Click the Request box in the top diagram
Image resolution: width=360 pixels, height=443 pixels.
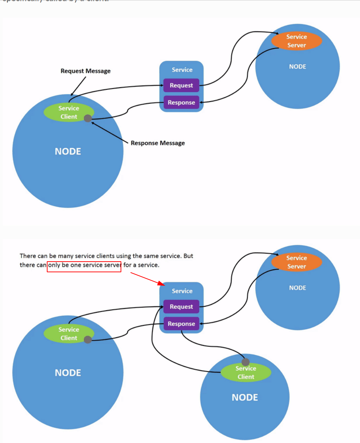(181, 86)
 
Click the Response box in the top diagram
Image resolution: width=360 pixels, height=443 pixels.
(181, 103)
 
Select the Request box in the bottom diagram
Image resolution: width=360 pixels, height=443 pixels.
(181, 307)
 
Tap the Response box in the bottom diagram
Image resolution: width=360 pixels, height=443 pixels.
(181, 324)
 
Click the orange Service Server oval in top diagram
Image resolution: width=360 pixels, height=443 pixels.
(297, 41)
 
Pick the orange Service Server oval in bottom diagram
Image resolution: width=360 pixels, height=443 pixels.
(297, 262)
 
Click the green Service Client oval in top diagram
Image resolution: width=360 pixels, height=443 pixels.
(68, 113)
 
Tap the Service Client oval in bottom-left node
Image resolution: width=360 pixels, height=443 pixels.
(68, 334)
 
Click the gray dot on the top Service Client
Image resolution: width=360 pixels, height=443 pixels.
(88, 118)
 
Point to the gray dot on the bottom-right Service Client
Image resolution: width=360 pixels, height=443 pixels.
(245, 362)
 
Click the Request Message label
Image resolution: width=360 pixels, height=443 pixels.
(85, 71)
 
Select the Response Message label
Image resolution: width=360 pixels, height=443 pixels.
(157, 143)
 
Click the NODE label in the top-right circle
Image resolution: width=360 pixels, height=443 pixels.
(297, 67)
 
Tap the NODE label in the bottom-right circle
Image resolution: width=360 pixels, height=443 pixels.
(245, 398)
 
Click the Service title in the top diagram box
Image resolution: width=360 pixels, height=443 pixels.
(182, 70)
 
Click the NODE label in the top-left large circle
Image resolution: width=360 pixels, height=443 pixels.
(68, 152)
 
